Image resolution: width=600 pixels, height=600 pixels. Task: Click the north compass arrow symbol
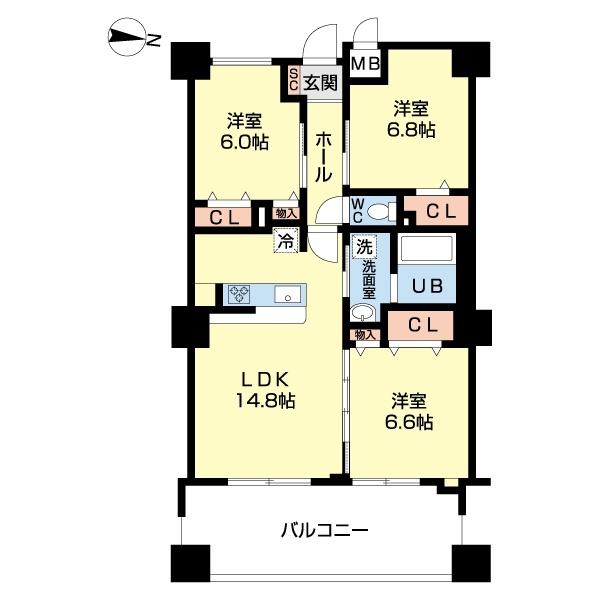pos(128,40)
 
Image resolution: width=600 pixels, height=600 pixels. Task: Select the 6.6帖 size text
pos(410,422)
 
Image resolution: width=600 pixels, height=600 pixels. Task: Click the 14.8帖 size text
pos(265,400)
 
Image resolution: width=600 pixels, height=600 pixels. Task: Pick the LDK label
pos(265,379)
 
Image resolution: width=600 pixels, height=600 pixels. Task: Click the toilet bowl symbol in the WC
pos(378,212)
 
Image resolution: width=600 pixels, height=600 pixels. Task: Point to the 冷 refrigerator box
pos(285,240)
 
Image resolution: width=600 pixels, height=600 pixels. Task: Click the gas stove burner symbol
pos(240,293)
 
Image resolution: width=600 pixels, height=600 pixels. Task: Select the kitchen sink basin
pos(286,294)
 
